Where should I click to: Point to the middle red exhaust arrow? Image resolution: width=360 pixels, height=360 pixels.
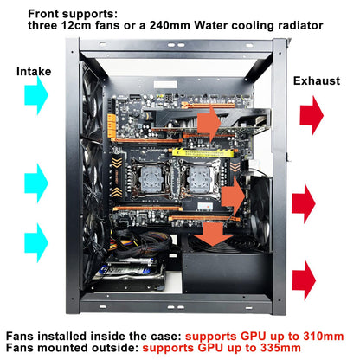pyautogui.click(x=305, y=204)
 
